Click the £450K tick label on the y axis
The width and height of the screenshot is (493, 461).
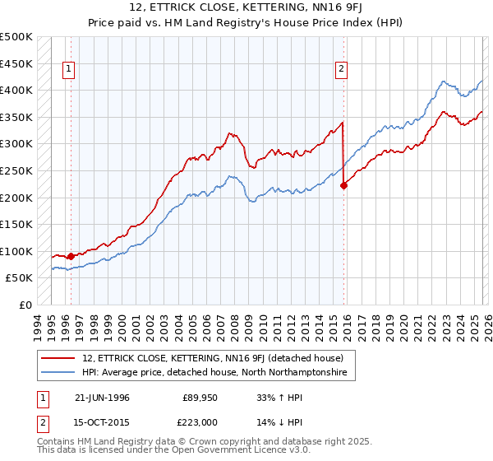point(17,63)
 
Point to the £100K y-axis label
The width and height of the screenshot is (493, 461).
point(17,251)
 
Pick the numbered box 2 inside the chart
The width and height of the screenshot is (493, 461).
point(340,70)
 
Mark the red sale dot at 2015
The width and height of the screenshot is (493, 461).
point(343,185)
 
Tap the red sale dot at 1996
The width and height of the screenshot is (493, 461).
point(71,256)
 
